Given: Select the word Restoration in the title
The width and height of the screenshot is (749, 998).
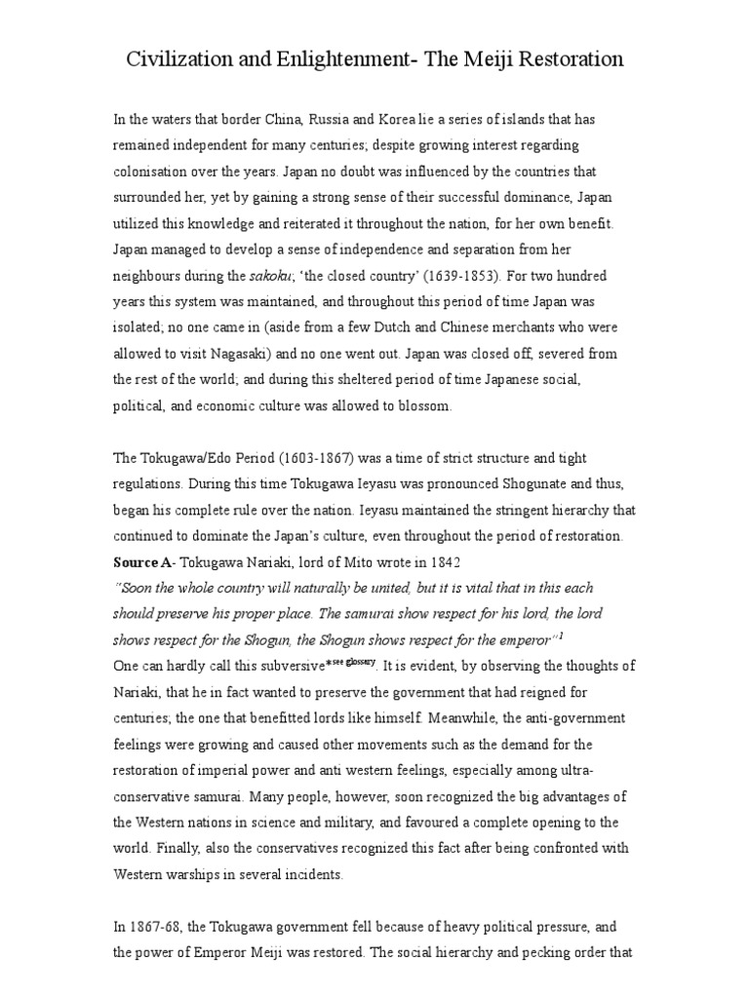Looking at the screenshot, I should coord(566,59).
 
